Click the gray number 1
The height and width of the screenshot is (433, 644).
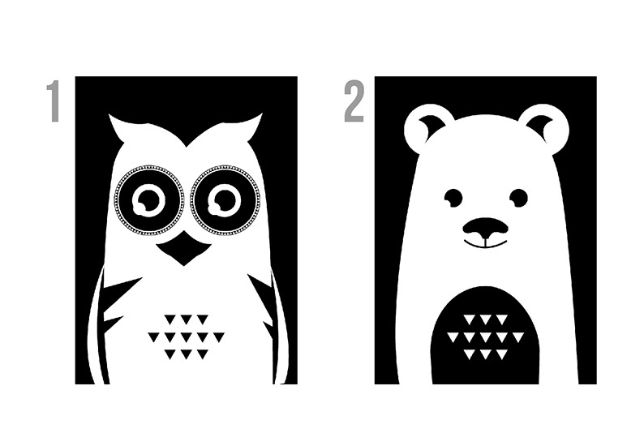tap(54, 101)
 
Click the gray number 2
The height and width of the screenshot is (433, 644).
tap(354, 101)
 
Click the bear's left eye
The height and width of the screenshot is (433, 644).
tap(453, 197)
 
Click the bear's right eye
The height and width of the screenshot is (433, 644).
tap(519, 197)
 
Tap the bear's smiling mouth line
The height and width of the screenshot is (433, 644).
tap(486, 245)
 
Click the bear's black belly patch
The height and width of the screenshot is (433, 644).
tap(485, 337)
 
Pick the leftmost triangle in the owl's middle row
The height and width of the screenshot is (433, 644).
tap(153, 337)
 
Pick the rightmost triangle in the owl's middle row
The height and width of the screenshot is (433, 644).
tap(219, 337)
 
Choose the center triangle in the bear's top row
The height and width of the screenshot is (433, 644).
tap(486, 319)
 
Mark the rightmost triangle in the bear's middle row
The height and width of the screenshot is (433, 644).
tap(518, 337)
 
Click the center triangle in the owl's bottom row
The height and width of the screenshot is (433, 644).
tap(186, 354)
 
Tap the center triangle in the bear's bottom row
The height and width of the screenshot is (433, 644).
tap(486, 354)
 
